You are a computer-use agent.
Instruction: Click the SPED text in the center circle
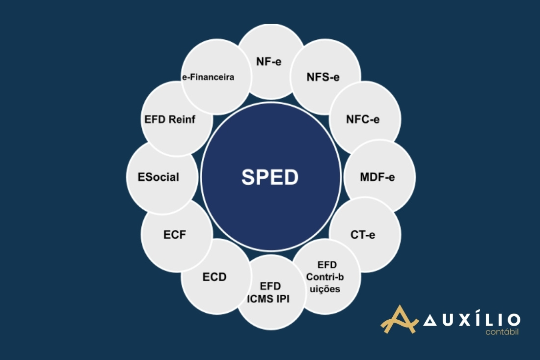pyautogui.click(x=270, y=177)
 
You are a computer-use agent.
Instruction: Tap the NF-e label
pyautogui.click(x=269, y=62)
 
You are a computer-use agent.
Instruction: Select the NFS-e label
pyautogui.click(x=323, y=77)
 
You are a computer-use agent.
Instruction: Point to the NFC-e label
pyautogui.click(x=363, y=119)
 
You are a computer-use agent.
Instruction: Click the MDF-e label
pyautogui.click(x=377, y=177)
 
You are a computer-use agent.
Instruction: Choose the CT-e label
pyautogui.click(x=363, y=235)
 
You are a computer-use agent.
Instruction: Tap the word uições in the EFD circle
pyautogui.click(x=325, y=289)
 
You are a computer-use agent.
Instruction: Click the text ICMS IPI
pyautogui.click(x=268, y=299)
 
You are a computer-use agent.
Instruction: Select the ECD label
pyautogui.click(x=214, y=277)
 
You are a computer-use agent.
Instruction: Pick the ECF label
pyautogui.click(x=175, y=235)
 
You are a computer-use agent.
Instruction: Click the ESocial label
pyautogui.click(x=159, y=177)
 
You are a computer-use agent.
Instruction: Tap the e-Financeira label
pyautogui.click(x=208, y=77)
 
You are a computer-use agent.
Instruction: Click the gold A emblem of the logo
pyautogui.click(x=399, y=319)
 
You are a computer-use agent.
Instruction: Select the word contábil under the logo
pyautogui.click(x=502, y=332)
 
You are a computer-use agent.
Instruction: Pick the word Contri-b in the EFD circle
pyautogui.click(x=325, y=277)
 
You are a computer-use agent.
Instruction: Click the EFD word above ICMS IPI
pyautogui.click(x=270, y=286)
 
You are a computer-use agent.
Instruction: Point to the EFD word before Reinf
pyautogui.click(x=155, y=119)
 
